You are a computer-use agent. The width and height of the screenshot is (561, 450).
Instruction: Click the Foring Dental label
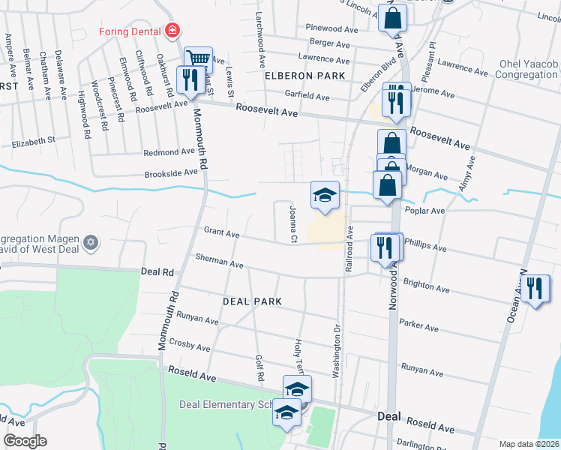[x=132, y=31]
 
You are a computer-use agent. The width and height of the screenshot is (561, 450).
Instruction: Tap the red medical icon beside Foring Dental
[x=173, y=31]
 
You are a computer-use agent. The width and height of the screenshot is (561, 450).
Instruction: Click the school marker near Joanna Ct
[x=325, y=196]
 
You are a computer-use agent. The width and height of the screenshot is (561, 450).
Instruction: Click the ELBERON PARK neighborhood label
[x=304, y=76]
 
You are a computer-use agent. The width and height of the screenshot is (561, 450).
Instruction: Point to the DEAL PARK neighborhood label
[x=252, y=301]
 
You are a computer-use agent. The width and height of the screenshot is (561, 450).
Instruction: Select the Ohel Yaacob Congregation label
[x=528, y=70]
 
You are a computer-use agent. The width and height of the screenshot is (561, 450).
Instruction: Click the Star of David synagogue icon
[x=91, y=242]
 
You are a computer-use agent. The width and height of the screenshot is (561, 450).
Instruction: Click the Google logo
[x=25, y=441]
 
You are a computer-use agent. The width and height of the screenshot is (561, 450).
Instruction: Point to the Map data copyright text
[x=528, y=444]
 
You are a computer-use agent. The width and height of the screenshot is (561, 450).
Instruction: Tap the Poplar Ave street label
[x=424, y=211]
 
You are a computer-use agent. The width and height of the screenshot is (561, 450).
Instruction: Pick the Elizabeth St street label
[x=33, y=140]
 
